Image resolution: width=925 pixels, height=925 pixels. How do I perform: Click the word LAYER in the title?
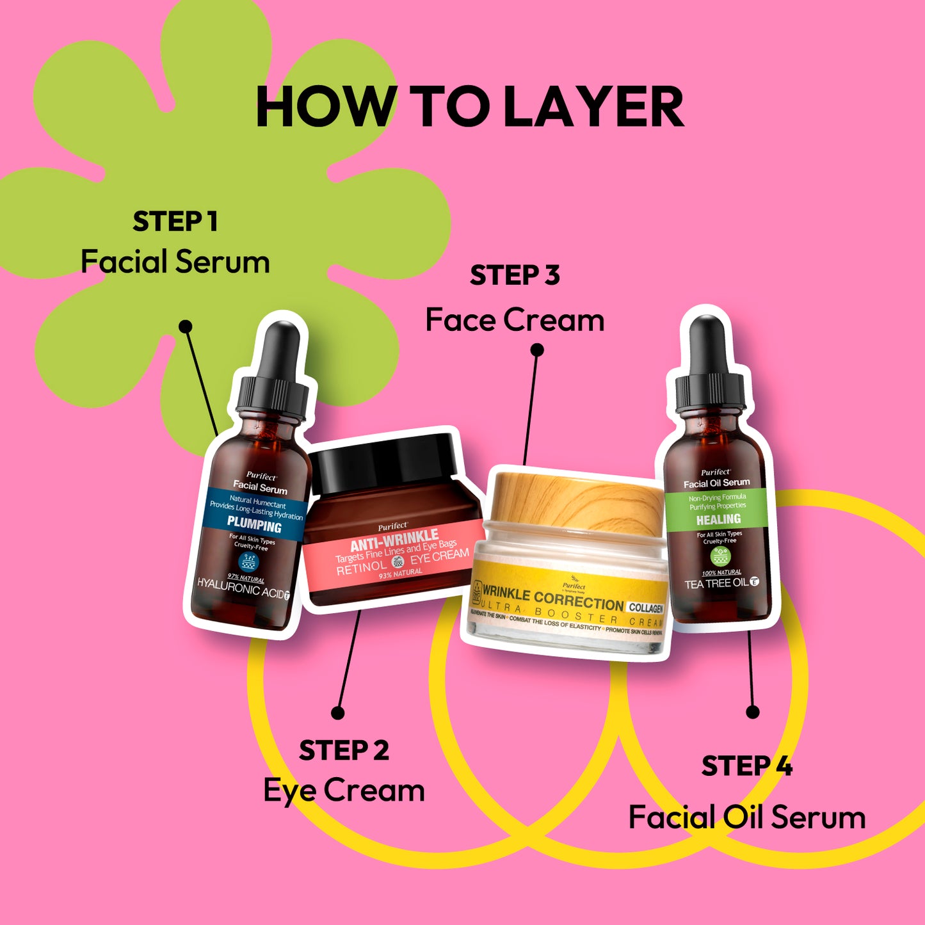pos(594,107)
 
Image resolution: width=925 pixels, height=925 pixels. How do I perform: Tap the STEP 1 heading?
pos(175,222)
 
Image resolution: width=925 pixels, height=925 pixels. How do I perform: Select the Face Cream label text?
pos(515,320)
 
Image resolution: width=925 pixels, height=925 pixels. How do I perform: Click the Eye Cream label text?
pos(344,791)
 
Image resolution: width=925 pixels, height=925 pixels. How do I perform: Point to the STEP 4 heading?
pos(746,766)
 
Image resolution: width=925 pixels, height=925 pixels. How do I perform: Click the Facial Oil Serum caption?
pos(746,817)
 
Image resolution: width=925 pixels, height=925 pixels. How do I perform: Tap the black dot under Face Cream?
pos(538,350)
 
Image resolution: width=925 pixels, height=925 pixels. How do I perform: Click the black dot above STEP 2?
pos(338,712)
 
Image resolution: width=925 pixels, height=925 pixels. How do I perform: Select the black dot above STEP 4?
pos(753,712)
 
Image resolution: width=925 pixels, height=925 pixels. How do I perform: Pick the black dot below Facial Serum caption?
pos(186,326)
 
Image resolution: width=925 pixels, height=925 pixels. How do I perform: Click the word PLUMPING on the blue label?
pos(254,526)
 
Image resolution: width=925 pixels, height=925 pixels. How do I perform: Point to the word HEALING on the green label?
pos(718,519)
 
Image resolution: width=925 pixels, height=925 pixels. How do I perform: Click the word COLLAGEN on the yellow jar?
pos(645,607)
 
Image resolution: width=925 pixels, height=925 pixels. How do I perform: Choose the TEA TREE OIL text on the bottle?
pos(716,584)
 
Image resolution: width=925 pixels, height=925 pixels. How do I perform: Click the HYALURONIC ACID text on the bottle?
pos(240,588)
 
